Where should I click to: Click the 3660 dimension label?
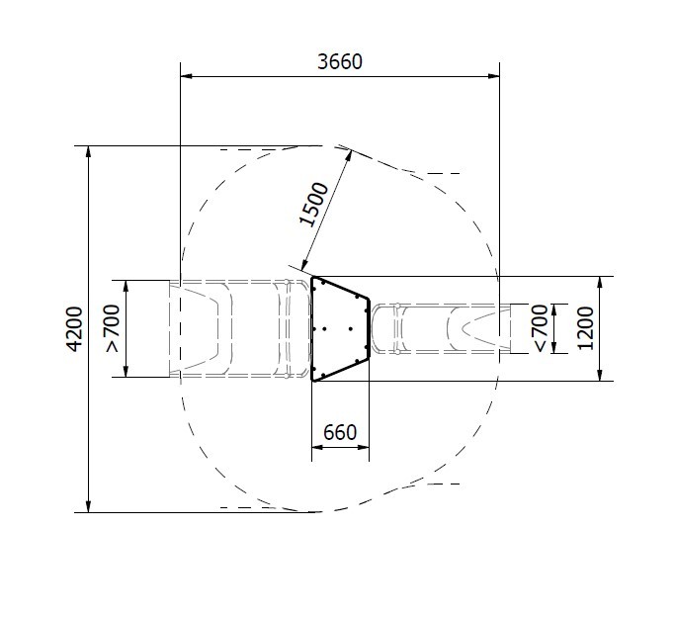click(340, 62)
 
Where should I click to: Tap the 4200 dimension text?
click(75, 329)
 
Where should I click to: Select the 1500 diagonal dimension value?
click(314, 205)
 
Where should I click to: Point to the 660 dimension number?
click(340, 432)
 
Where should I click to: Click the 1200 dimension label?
click(586, 328)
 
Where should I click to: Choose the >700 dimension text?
click(113, 328)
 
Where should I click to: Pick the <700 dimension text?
click(540, 328)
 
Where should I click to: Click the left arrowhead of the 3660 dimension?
click(186, 77)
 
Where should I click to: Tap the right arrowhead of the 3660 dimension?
click(494, 77)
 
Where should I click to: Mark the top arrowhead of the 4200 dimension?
click(89, 152)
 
